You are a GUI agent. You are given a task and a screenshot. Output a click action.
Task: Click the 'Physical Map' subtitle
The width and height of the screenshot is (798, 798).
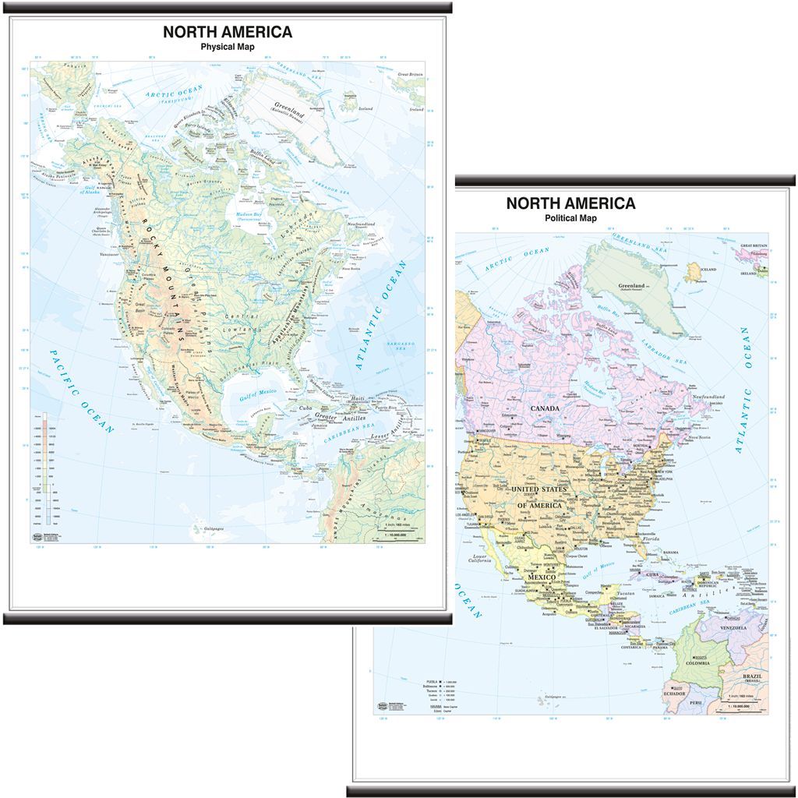228,47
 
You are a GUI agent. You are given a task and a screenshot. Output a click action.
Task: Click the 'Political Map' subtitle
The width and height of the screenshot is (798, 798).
570,218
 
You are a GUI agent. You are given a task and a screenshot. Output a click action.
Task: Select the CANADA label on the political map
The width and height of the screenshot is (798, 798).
546,408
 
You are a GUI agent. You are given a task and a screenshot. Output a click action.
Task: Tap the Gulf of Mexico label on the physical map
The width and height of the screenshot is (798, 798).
258,393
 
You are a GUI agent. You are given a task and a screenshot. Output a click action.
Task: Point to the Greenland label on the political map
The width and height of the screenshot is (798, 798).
631,286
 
